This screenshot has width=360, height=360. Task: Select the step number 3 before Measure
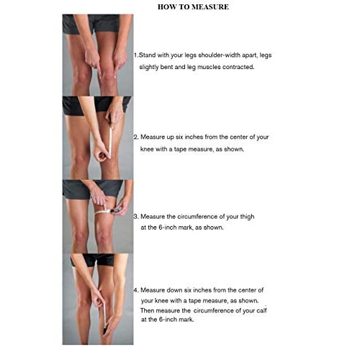[136, 216]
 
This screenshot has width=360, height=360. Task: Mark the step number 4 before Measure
[136, 289]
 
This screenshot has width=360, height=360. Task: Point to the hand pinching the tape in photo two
[101, 154]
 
